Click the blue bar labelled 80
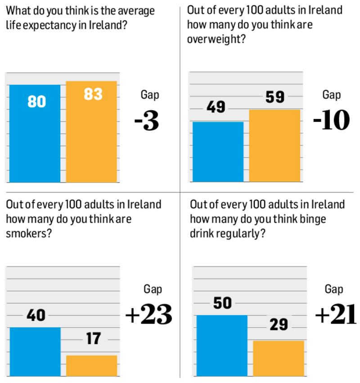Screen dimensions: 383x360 coord(35,135)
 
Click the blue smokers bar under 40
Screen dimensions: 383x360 coord(35,351)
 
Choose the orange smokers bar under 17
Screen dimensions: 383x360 coord(92,365)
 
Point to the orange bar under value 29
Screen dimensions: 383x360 coord(279,358)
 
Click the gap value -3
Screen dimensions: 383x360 coord(147,121)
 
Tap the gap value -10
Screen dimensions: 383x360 coord(331,120)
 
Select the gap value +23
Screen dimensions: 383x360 coord(148,315)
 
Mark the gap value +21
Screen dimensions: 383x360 coord(336,315)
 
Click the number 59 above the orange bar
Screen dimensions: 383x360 coord(275,97)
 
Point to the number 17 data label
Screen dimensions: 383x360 coord(93,338)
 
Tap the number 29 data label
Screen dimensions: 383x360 coord(279,324)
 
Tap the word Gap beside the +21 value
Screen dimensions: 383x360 coord(333,289)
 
